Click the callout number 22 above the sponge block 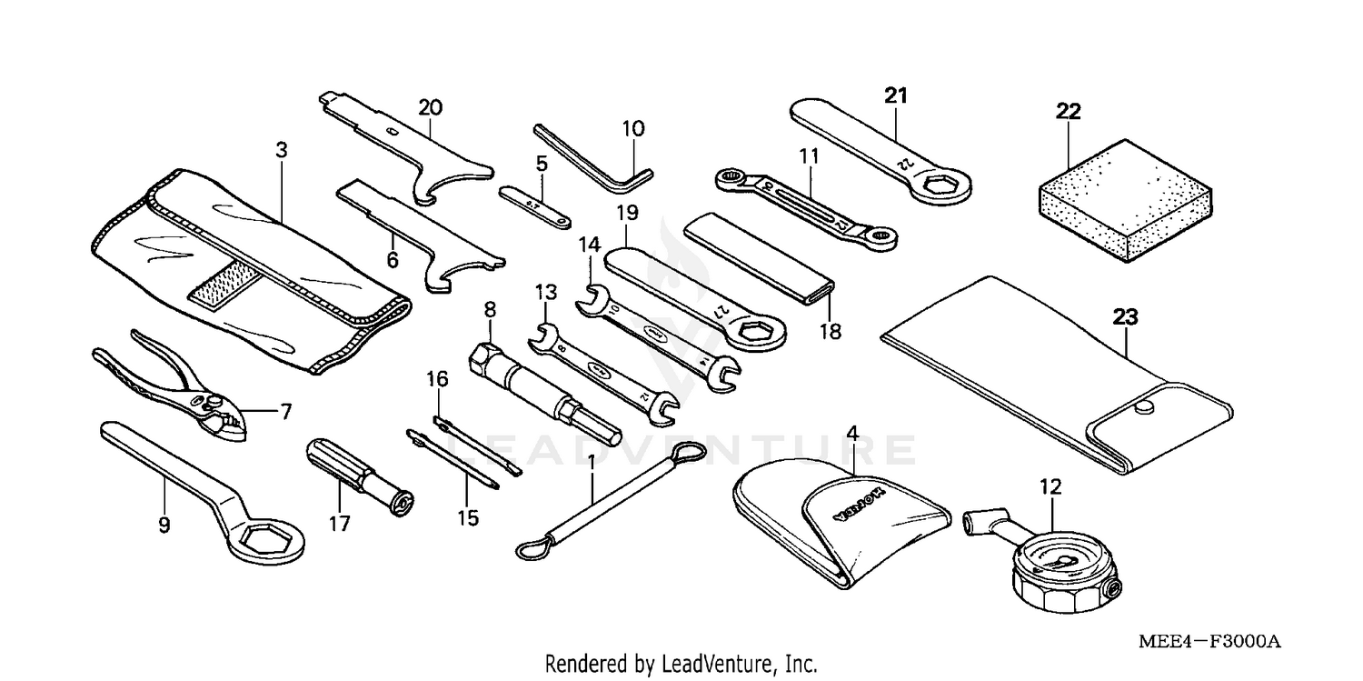(x=1068, y=112)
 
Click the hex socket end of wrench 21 (x=940, y=186)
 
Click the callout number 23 (x=1125, y=317)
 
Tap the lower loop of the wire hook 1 (x=532, y=548)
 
